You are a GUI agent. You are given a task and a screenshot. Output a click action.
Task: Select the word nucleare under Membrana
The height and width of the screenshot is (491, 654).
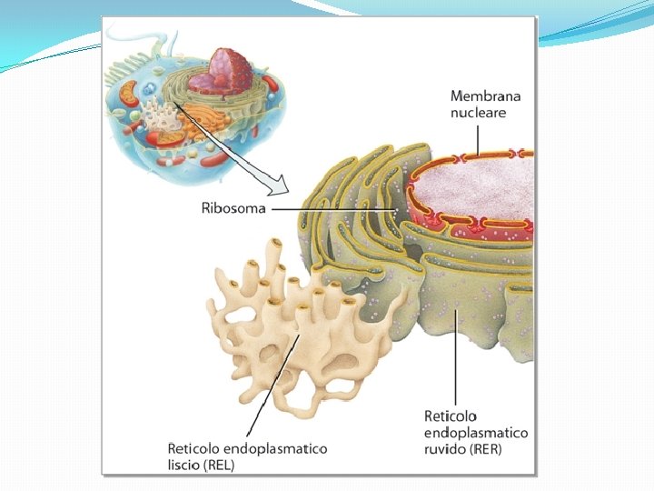[479, 113]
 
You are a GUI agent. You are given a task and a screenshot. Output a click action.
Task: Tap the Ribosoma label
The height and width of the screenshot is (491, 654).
[233, 208]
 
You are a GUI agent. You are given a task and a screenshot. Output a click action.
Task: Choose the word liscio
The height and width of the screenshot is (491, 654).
[187, 464]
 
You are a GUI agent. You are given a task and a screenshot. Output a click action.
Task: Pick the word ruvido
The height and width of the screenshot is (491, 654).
[445, 448]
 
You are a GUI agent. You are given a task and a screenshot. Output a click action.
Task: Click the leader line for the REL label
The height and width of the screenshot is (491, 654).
[275, 382]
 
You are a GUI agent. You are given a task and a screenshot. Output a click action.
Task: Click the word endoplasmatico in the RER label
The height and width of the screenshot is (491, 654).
[476, 432]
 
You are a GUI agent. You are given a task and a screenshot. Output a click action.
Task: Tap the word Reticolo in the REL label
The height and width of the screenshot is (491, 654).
[195, 448]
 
